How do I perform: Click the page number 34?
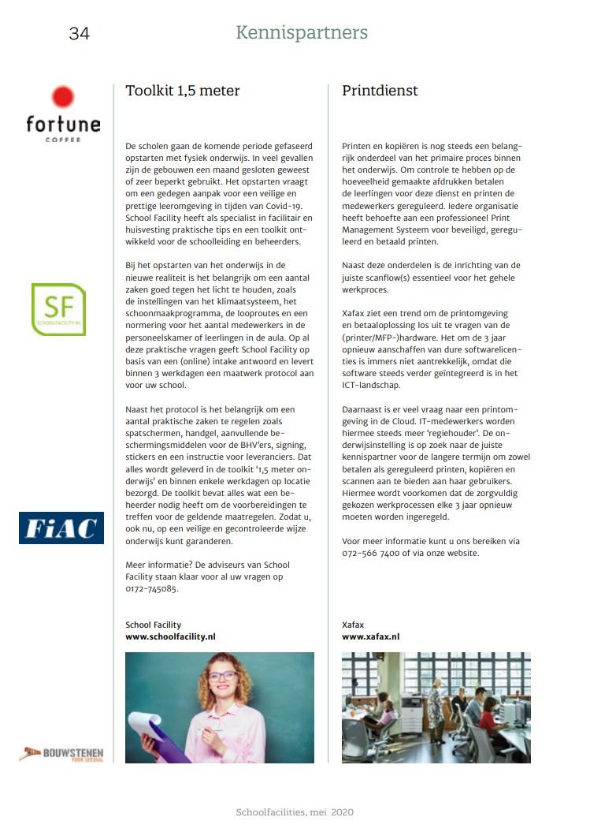click(x=79, y=33)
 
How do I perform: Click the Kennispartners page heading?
click(x=302, y=32)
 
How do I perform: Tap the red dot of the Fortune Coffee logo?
click(x=63, y=98)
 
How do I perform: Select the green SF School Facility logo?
click(x=58, y=310)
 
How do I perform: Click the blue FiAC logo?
click(x=61, y=528)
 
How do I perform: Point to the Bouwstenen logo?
click(x=61, y=754)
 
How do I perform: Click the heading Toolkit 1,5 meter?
click(x=183, y=91)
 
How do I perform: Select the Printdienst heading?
click(x=380, y=91)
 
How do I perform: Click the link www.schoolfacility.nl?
click(x=170, y=636)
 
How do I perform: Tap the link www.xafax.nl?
click(x=370, y=636)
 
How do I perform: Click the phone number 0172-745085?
click(x=151, y=588)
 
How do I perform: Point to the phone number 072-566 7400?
click(x=374, y=553)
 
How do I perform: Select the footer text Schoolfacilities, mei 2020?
click(x=295, y=811)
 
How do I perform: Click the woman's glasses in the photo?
click(x=222, y=676)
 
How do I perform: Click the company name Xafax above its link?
click(x=353, y=625)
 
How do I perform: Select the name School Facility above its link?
click(x=153, y=625)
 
